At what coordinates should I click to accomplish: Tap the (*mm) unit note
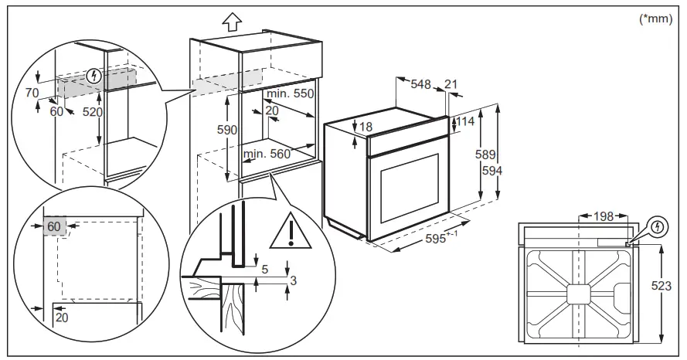click(656, 19)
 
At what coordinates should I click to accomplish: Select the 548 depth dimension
click(420, 84)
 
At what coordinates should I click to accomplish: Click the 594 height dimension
click(488, 171)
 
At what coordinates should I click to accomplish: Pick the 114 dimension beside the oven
click(464, 121)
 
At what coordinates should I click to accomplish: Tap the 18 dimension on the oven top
click(366, 127)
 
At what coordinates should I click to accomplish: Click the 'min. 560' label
click(267, 154)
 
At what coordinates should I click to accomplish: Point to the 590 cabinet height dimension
click(226, 131)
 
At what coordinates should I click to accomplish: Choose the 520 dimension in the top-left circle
click(93, 111)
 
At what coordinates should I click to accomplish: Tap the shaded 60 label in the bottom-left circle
click(53, 227)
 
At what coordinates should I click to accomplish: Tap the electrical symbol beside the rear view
click(658, 228)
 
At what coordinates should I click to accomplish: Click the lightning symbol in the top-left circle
click(94, 76)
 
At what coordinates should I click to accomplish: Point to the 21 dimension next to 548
click(451, 84)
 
